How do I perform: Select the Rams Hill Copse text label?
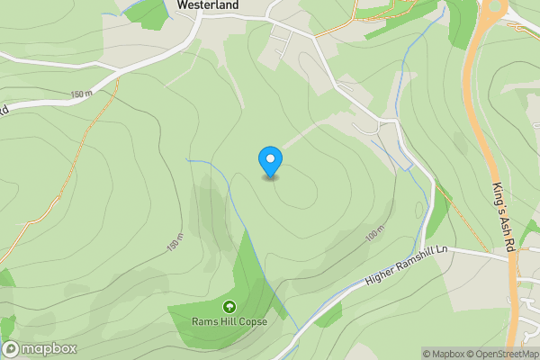point(229,321)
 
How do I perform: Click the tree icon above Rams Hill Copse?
point(229,307)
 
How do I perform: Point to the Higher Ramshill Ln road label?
point(406,269)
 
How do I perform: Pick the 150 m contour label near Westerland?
point(82,94)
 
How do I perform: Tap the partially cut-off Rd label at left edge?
point(4,110)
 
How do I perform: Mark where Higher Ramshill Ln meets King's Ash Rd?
point(511,256)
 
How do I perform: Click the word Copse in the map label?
point(253,321)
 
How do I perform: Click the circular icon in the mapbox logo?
point(12,349)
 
